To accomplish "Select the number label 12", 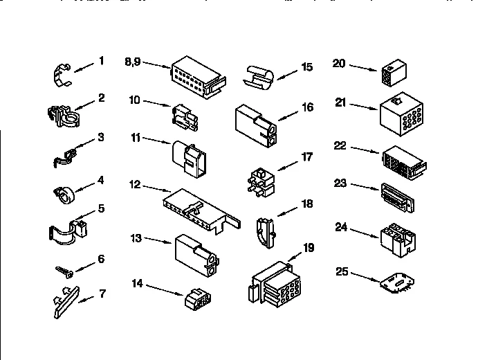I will pos(136,184).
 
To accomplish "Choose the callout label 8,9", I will pos(134,61).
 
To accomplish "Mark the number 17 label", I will pos(306,157).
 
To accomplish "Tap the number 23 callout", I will pos(340,185).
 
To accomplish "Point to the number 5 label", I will pos(101,208).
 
